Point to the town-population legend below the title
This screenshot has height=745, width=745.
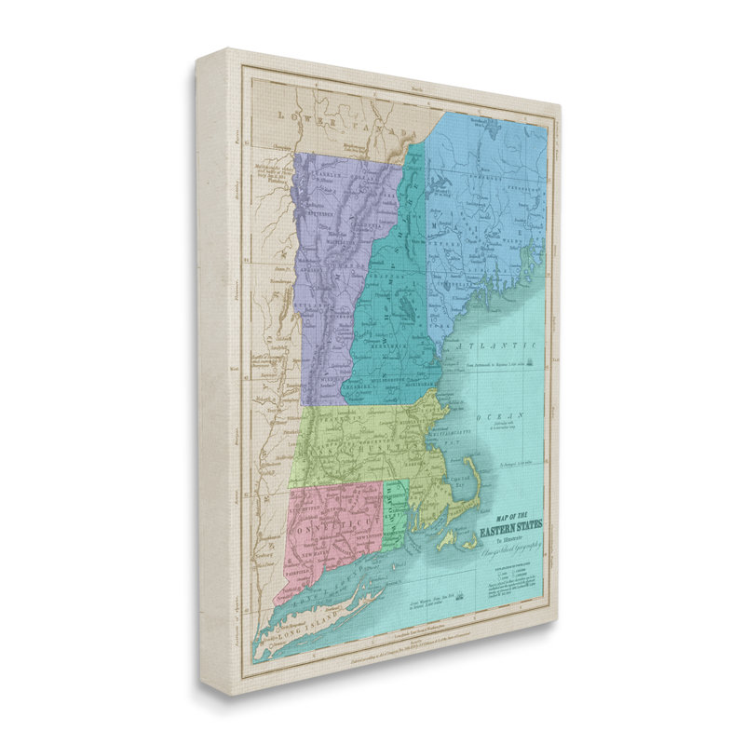[513, 583]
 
